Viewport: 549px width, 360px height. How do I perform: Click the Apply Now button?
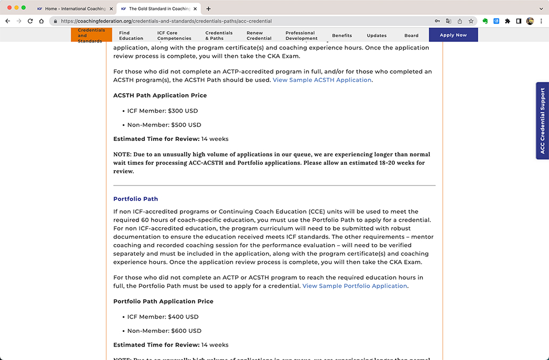click(x=453, y=35)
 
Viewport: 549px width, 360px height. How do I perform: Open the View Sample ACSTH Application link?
click(x=322, y=80)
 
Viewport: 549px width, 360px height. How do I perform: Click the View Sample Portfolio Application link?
click(x=355, y=286)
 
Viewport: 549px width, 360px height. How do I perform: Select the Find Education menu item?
click(x=131, y=36)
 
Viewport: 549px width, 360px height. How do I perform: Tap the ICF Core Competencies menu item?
click(x=174, y=36)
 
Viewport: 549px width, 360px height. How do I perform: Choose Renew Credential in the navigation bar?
click(x=259, y=36)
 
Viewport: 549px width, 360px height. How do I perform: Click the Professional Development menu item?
click(x=301, y=36)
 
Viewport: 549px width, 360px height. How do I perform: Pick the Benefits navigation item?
click(x=342, y=36)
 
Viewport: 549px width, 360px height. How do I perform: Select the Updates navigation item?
click(x=377, y=36)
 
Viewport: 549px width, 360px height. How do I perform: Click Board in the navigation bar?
click(x=411, y=36)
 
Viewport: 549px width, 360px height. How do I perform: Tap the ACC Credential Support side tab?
click(x=543, y=121)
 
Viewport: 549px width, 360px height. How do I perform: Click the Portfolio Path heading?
click(x=136, y=199)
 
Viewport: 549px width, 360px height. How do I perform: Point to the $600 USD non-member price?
click(x=186, y=331)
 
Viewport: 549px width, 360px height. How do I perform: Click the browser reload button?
click(x=30, y=21)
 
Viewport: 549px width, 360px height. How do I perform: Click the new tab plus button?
click(x=209, y=9)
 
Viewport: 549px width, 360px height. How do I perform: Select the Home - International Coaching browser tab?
click(x=75, y=9)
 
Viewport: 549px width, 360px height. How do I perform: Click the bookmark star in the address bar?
click(x=471, y=21)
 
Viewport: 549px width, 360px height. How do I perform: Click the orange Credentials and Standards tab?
click(x=91, y=36)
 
